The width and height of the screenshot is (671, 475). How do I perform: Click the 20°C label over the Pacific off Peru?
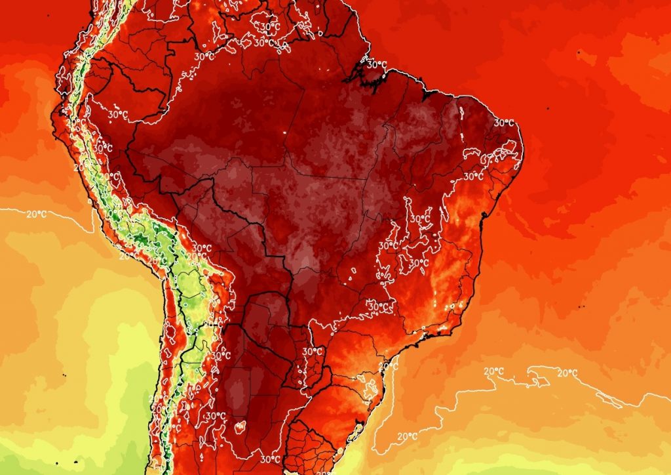[37, 214]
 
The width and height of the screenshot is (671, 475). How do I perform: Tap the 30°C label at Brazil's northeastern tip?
[503, 123]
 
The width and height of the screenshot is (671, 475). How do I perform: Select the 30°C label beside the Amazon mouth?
[376, 64]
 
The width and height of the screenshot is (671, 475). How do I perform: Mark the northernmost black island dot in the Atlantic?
[579, 51]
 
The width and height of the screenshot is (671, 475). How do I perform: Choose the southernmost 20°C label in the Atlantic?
[407, 436]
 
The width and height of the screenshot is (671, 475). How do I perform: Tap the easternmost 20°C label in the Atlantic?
[567, 373]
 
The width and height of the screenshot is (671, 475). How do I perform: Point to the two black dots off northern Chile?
[65, 375]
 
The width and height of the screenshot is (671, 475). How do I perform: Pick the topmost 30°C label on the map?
[269, 27]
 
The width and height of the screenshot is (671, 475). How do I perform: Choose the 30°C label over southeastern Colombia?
[203, 57]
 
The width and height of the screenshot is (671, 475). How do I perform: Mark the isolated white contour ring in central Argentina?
[239, 426]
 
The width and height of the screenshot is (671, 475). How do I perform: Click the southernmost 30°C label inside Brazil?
[377, 306]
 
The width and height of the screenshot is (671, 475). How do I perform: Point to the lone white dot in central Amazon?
[286, 133]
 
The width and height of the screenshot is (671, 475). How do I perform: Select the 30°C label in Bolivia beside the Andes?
[202, 248]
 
